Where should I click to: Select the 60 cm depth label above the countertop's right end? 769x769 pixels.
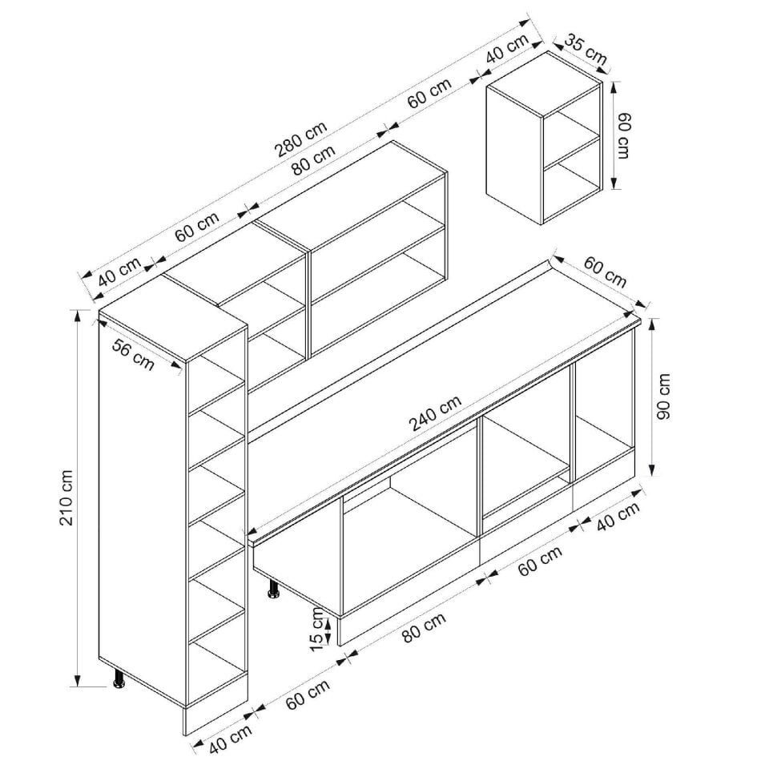pyautogui.click(x=605, y=272)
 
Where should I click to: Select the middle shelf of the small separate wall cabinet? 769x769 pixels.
pyautogui.click(x=572, y=150)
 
